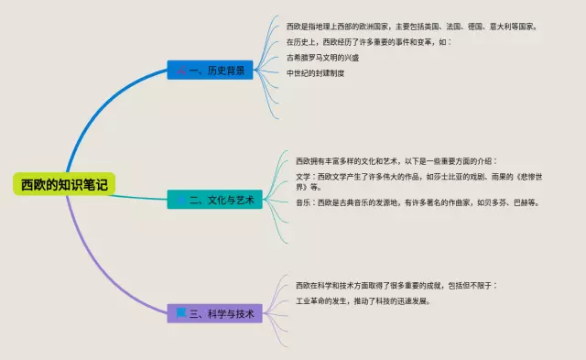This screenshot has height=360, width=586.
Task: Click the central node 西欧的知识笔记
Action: (x=64, y=184)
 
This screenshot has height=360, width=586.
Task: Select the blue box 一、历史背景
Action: (x=210, y=70)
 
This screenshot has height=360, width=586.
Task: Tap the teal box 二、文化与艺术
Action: (x=214, y=200)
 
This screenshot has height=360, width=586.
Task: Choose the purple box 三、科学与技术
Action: (x=214, y=313)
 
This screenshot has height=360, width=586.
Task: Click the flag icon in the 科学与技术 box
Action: (x=181, y=313)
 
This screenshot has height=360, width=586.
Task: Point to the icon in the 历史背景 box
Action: (x=181, y=70)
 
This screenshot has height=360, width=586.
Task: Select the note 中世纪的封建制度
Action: (x=315, y=73)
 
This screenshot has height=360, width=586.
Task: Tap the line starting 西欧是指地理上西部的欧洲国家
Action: (x=412, y=27)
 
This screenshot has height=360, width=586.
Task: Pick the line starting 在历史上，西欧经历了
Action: (x=369, y=42)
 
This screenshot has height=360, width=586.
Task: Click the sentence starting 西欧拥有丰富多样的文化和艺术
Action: (x=396, y=161)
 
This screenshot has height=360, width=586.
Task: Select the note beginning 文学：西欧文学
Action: (x=419, y=181)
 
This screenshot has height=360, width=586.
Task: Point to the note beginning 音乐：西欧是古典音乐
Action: (x=418, y=202)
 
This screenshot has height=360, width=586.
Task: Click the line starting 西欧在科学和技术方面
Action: (x=396, y=286)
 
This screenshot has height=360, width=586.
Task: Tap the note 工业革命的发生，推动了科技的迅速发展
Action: (x=363, y=301)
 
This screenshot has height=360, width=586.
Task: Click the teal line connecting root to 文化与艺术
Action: (x=139, y=198)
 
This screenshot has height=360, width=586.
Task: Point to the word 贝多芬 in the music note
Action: (x=495, y=202)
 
